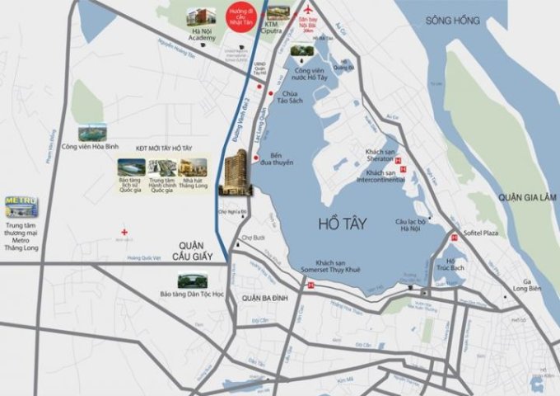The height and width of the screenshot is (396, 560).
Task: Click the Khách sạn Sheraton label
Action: click(x=381, y=157)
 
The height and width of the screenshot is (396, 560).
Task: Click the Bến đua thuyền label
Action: click(x=282, y=158)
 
